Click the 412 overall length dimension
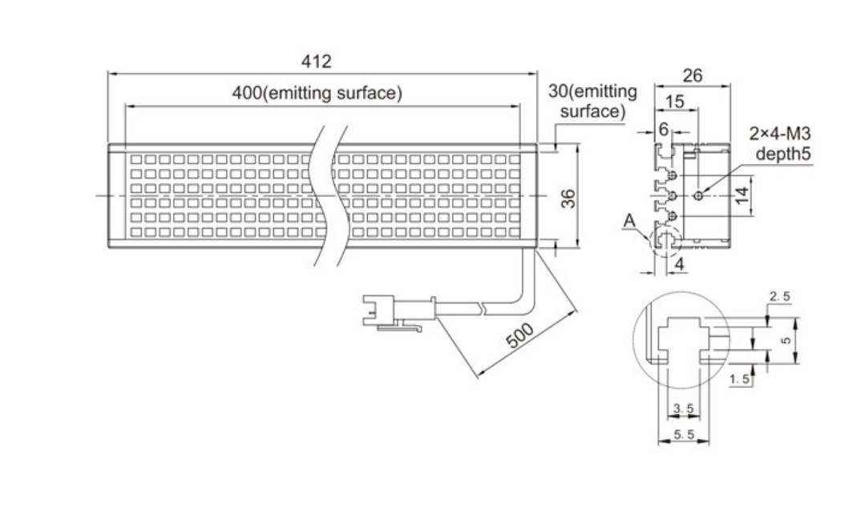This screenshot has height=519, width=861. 317,61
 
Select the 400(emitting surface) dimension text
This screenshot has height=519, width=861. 317,93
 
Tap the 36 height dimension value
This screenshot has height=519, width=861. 569,198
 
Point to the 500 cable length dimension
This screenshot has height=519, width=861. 519,336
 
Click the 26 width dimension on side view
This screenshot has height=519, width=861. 692,75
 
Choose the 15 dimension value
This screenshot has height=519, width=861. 675,102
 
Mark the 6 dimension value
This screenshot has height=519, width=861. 664,130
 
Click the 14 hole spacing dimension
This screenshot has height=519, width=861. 742,195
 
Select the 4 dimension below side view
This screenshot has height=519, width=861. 679,264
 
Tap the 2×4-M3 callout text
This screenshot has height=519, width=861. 780,134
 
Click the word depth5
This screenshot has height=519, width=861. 783,154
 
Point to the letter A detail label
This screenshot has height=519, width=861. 629,220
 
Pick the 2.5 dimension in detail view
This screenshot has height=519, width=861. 780,296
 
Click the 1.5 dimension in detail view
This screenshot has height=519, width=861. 740,379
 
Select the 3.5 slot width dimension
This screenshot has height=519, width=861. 684,408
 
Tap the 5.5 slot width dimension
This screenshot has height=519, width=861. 684,435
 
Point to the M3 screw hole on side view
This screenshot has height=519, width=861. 698,195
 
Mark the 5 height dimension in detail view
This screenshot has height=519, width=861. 786,340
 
